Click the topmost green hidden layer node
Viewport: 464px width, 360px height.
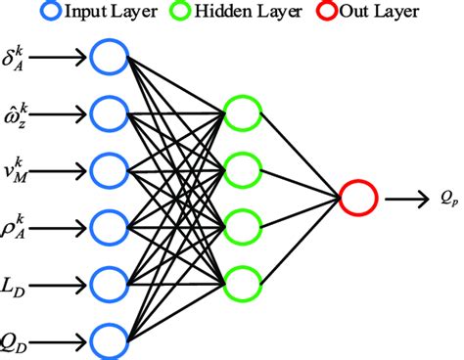241,110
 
